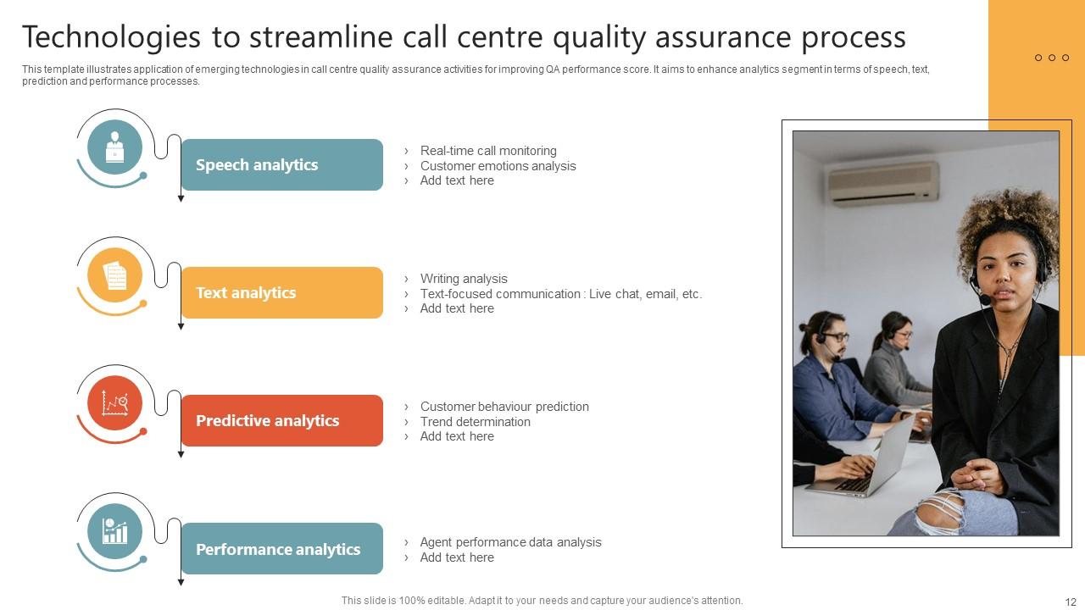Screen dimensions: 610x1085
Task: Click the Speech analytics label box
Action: tap(281, 165)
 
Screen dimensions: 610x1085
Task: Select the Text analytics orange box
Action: tap(281, 293)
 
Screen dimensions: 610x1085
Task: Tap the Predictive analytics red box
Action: tap(281, 421)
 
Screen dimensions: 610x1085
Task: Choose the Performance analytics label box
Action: tap(281, 549)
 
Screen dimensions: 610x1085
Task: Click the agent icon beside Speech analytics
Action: tap(114, 147)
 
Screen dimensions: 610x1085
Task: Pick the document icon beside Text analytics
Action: tap(114, 275)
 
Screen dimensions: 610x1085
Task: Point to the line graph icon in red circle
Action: tap(114, 403)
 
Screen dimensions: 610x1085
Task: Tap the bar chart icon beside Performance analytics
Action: tap(114, 531)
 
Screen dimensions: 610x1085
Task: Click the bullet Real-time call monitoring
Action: tap(487, 151)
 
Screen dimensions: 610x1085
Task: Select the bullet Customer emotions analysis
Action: tap(498, 166)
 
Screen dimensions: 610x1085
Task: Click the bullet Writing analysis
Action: tap(464, 279)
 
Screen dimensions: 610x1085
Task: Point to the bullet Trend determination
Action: tap(475, 422)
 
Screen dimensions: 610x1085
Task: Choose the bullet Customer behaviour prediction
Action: tap(504, 407)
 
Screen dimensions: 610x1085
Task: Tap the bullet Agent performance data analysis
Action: tap(510, 542)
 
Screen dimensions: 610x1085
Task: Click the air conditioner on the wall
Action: tap(883, 183)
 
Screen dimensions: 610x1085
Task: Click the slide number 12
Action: tap(1069, 601)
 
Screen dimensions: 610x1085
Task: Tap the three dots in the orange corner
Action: tap(1052, 58)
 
